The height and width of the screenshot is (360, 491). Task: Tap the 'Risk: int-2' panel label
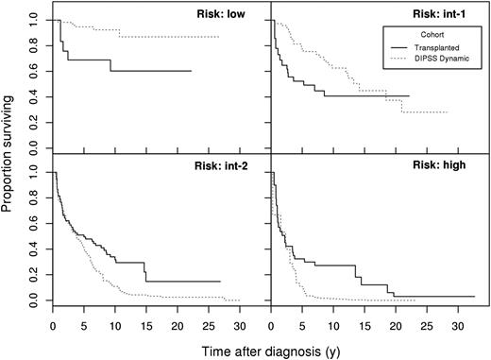[227, 167]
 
